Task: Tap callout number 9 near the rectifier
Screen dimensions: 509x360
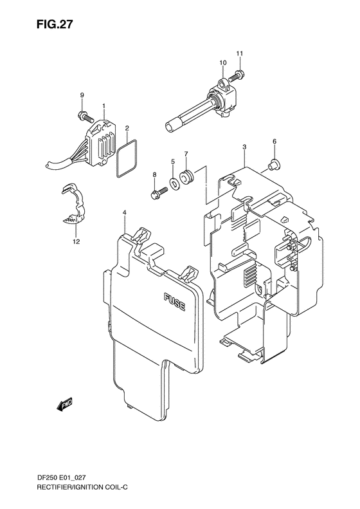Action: pyautogui.click(x=82, y=95)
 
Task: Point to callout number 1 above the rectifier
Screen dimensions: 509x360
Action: pyautogui.click(x=103, y=104)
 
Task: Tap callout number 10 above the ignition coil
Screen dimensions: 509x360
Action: pyautogui.click(x=222, y=62)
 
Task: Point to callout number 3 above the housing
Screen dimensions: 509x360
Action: pyautogui.click(x=245, y=148)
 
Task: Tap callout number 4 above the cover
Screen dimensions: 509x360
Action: pyautogui.click(x=124, y=212)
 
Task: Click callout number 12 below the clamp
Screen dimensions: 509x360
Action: pyautogui.click(x=76, y=242)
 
